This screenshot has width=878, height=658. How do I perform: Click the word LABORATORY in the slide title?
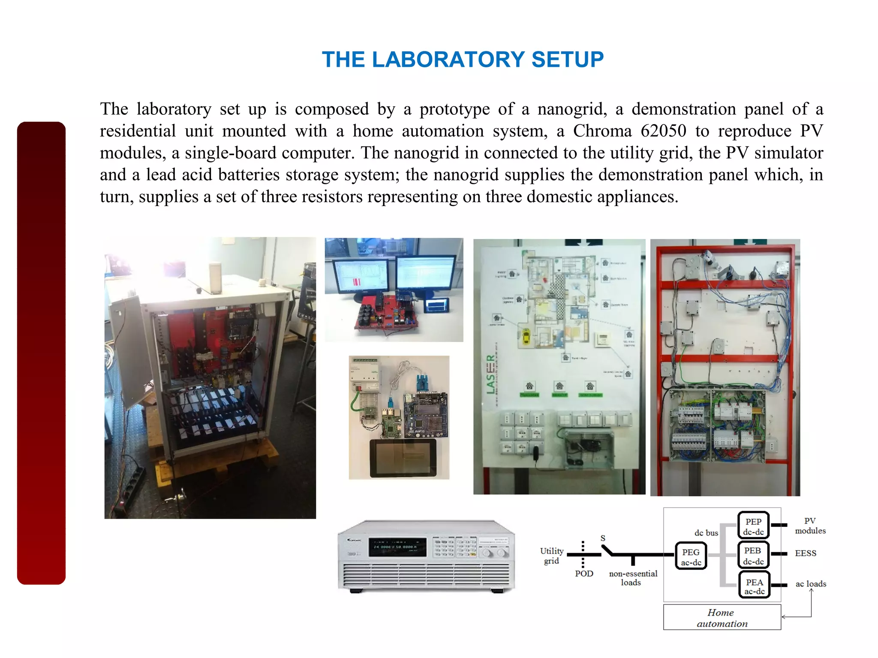pyautogui.click(x=448, y=60)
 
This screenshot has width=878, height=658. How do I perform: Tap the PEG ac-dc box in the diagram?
pyautogui.click(x=691, y=556)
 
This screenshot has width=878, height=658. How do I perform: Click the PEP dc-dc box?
pyautogui.click(x=753, y=526)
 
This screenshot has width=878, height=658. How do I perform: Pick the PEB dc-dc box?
pyautogui.click(x=753, y=555)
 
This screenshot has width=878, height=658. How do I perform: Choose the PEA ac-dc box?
pyautogui.click(x=754, y=586)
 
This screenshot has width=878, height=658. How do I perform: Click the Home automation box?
pyautogui.click(x=722, y=618)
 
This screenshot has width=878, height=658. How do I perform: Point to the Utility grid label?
pyautogui.click(x=551, y=556)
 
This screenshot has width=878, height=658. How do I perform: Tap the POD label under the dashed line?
pyautogui.click(x=584, y=574)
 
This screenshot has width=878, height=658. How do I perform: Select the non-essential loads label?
pyautogui.click(x=633, y=578)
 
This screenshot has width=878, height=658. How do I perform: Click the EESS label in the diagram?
pyautogui.click(x=805, y=553)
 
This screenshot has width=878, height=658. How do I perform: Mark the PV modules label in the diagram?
pyautogui.click(x=810, y=526)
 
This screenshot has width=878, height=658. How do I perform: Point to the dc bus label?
pyautogui.click(x=706, y=533)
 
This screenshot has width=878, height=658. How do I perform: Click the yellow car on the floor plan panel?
pyautogui.click(x=526, y=336)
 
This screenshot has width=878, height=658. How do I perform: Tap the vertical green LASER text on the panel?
pyautogui.click(x=490, y=374)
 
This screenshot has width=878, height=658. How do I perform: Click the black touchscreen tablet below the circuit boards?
pyautogui.click(x=403, y=458)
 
